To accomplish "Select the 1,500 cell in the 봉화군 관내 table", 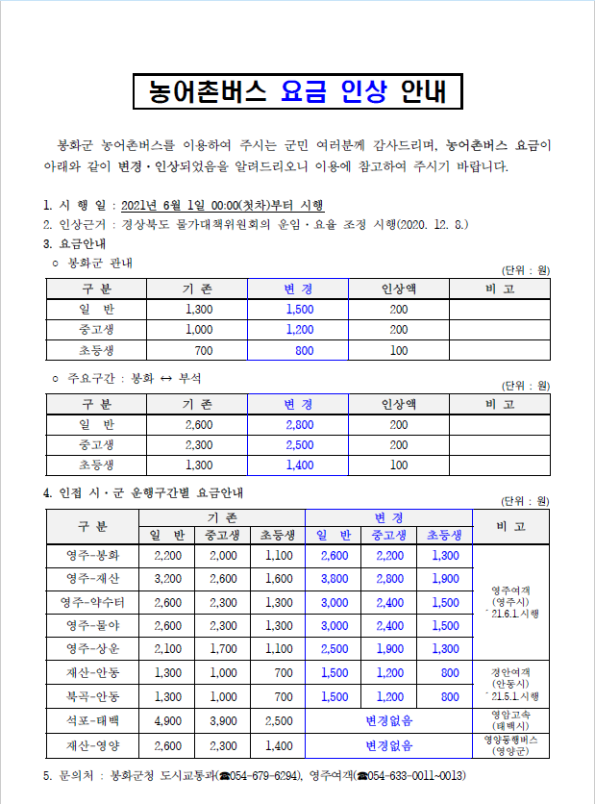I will tap(299, 310).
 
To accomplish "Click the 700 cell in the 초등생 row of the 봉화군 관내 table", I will tap(203, 350).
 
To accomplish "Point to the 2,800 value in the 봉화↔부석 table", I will tap(299, 424).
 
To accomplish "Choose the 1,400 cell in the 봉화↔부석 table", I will tap(299, 465).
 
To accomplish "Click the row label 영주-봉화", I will tap(93, 555).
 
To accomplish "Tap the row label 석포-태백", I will tap(93, 720).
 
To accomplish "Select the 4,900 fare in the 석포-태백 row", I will tap(167, 720).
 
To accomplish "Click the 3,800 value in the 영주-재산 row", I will tap(334, 579).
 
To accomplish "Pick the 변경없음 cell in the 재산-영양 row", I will tap(388, 745).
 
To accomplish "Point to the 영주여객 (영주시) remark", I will tap(514, 601).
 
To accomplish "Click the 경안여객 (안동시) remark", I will tap(514, 683).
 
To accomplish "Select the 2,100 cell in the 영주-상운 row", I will tap(167, 649).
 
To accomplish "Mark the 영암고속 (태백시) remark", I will tap(514, 720).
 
